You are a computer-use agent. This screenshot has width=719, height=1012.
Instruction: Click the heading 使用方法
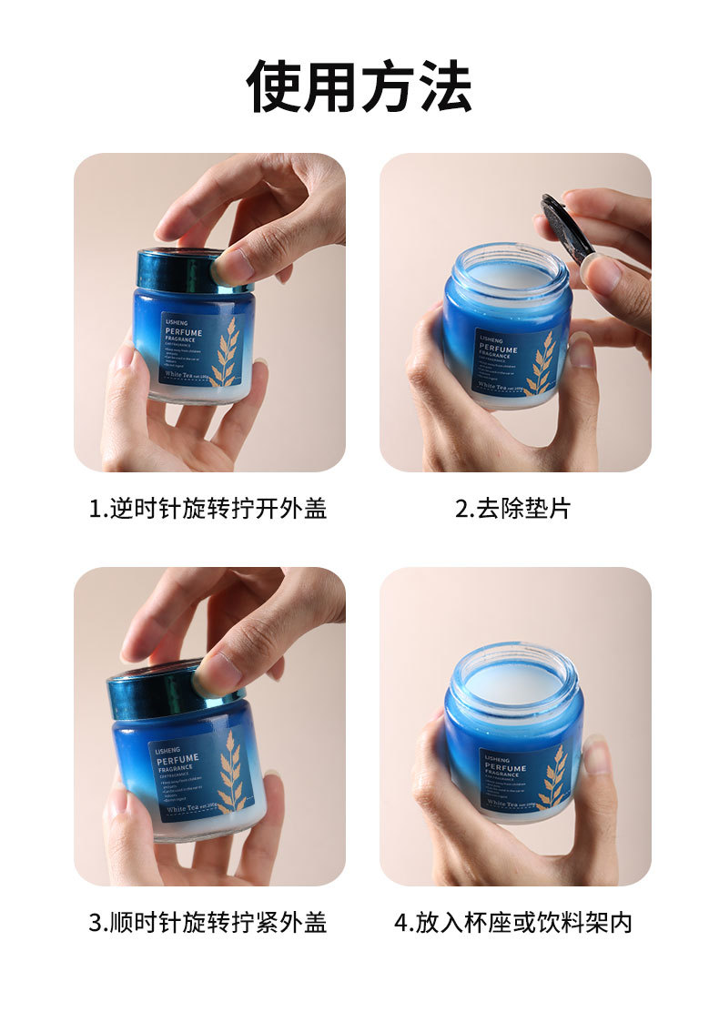click(359, 87)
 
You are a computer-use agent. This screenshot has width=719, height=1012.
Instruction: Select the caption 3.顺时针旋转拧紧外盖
click(208, 923)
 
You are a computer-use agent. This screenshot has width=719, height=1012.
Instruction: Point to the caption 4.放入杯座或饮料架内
click(512, 923)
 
